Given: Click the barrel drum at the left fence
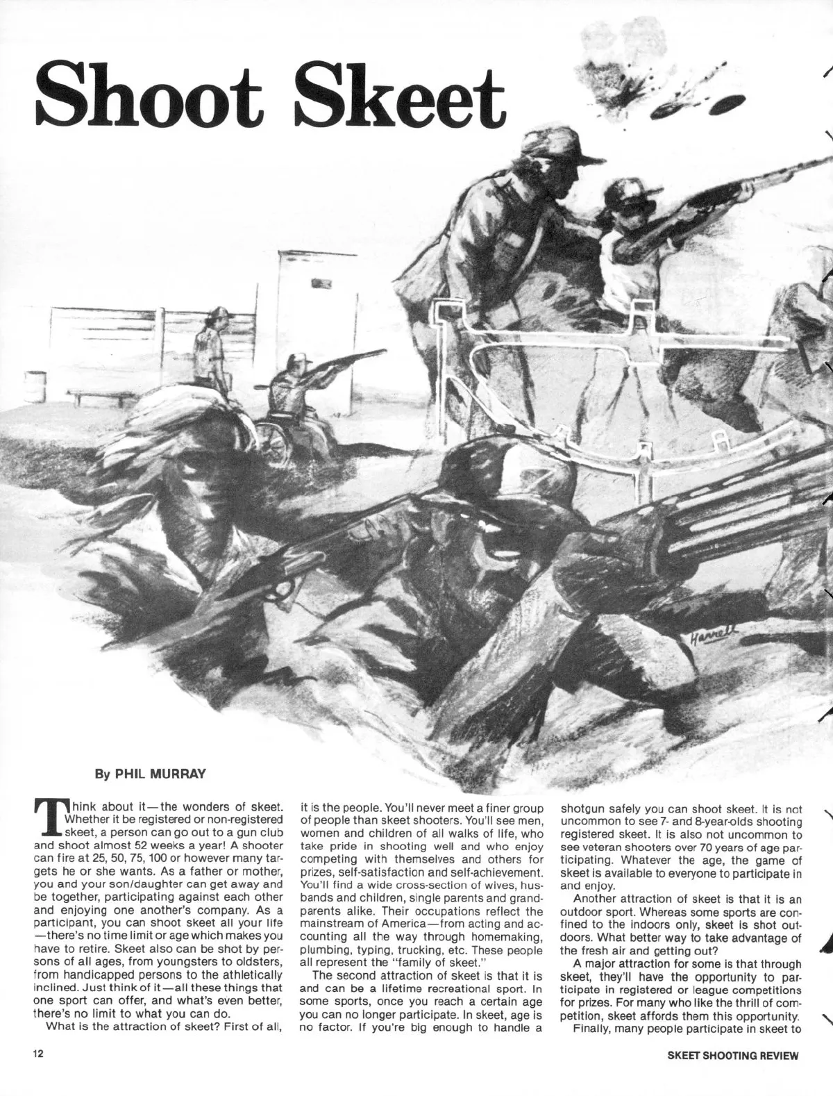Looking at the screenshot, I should pos(35,387).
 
